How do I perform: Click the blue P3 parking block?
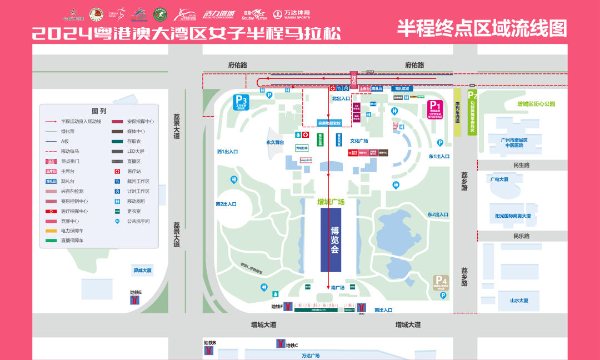241,102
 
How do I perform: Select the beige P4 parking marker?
441,283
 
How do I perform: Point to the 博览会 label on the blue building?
335,240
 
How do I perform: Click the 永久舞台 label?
274,143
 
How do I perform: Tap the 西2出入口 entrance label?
227,204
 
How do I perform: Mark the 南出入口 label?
383,310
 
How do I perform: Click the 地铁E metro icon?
134,300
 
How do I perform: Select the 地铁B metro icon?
209,351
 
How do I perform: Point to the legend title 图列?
98,111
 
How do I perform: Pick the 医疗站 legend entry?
133,172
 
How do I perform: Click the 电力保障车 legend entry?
72,231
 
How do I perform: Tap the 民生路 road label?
521,165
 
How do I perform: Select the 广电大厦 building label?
499,179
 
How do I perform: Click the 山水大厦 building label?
519,301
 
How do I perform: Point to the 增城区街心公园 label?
536,104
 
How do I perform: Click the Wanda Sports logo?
297,14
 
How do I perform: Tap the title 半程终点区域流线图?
482,28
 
